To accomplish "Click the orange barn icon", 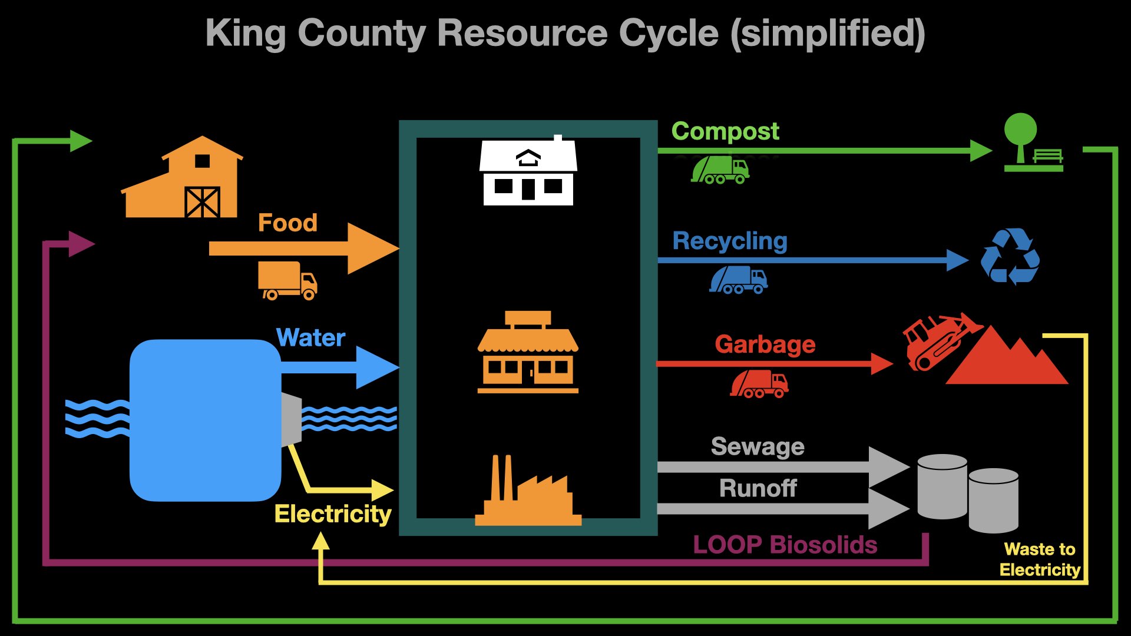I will pyautogui.click(x=183, y=180).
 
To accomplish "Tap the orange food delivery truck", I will pyautogui.click(x=287, y=280).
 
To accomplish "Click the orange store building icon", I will pyautogui.click(x=528, y=353).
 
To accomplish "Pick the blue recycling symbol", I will pyautogui.click(x=1010, y=257).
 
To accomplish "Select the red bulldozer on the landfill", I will pyautogui.click(x=937, y=342).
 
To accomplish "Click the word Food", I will pyautogui.click(x=287, y=223).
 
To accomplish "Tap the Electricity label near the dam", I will pyautogui.click(x=333, y=514).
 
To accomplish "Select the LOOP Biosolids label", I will pyautogui.click(x=785, y=545).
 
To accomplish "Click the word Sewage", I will pyautogui.click(x=758, y=446).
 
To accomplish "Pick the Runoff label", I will pyautogui.click(x=758, y=488).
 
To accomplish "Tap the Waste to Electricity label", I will pyautogui.click(x=1040, y=559).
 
